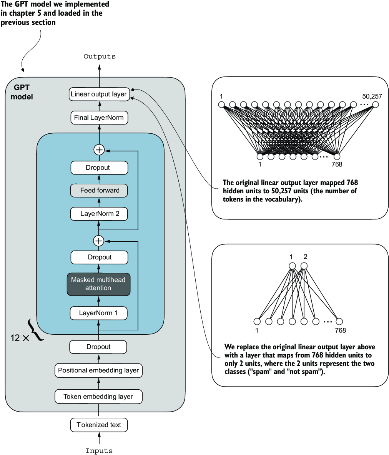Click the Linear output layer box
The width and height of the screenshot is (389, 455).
coord(99,94)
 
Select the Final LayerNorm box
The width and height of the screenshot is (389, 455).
coord(99,118)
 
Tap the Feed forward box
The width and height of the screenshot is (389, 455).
coord(100,191)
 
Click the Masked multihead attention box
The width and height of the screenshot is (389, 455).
coord(98,284)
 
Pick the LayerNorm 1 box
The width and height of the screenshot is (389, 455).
coord(98,313)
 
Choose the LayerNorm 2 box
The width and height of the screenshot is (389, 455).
coord(100,214)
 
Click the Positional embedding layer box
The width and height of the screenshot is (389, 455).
coord(98,370)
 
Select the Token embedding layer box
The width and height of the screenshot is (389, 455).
coord(98,397)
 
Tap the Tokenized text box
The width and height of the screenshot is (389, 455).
coord(99,425)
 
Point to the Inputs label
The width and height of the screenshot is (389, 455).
coord(99,451)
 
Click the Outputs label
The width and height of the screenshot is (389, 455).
coord(100,56)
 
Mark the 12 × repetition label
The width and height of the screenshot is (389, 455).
coord(20,338)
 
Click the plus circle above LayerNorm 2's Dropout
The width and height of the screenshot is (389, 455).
coord(99,149)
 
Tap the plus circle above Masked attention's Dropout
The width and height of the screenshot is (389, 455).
coord(99,241)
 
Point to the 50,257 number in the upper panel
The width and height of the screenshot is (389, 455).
coord(372,96)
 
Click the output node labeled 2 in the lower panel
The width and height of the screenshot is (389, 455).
coord(304,266)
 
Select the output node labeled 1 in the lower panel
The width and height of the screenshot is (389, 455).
coord(292,266)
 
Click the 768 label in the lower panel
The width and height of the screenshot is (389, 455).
coord(340,330)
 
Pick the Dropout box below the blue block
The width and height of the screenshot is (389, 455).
coord(98,347)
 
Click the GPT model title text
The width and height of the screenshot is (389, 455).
coord(22,92)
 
